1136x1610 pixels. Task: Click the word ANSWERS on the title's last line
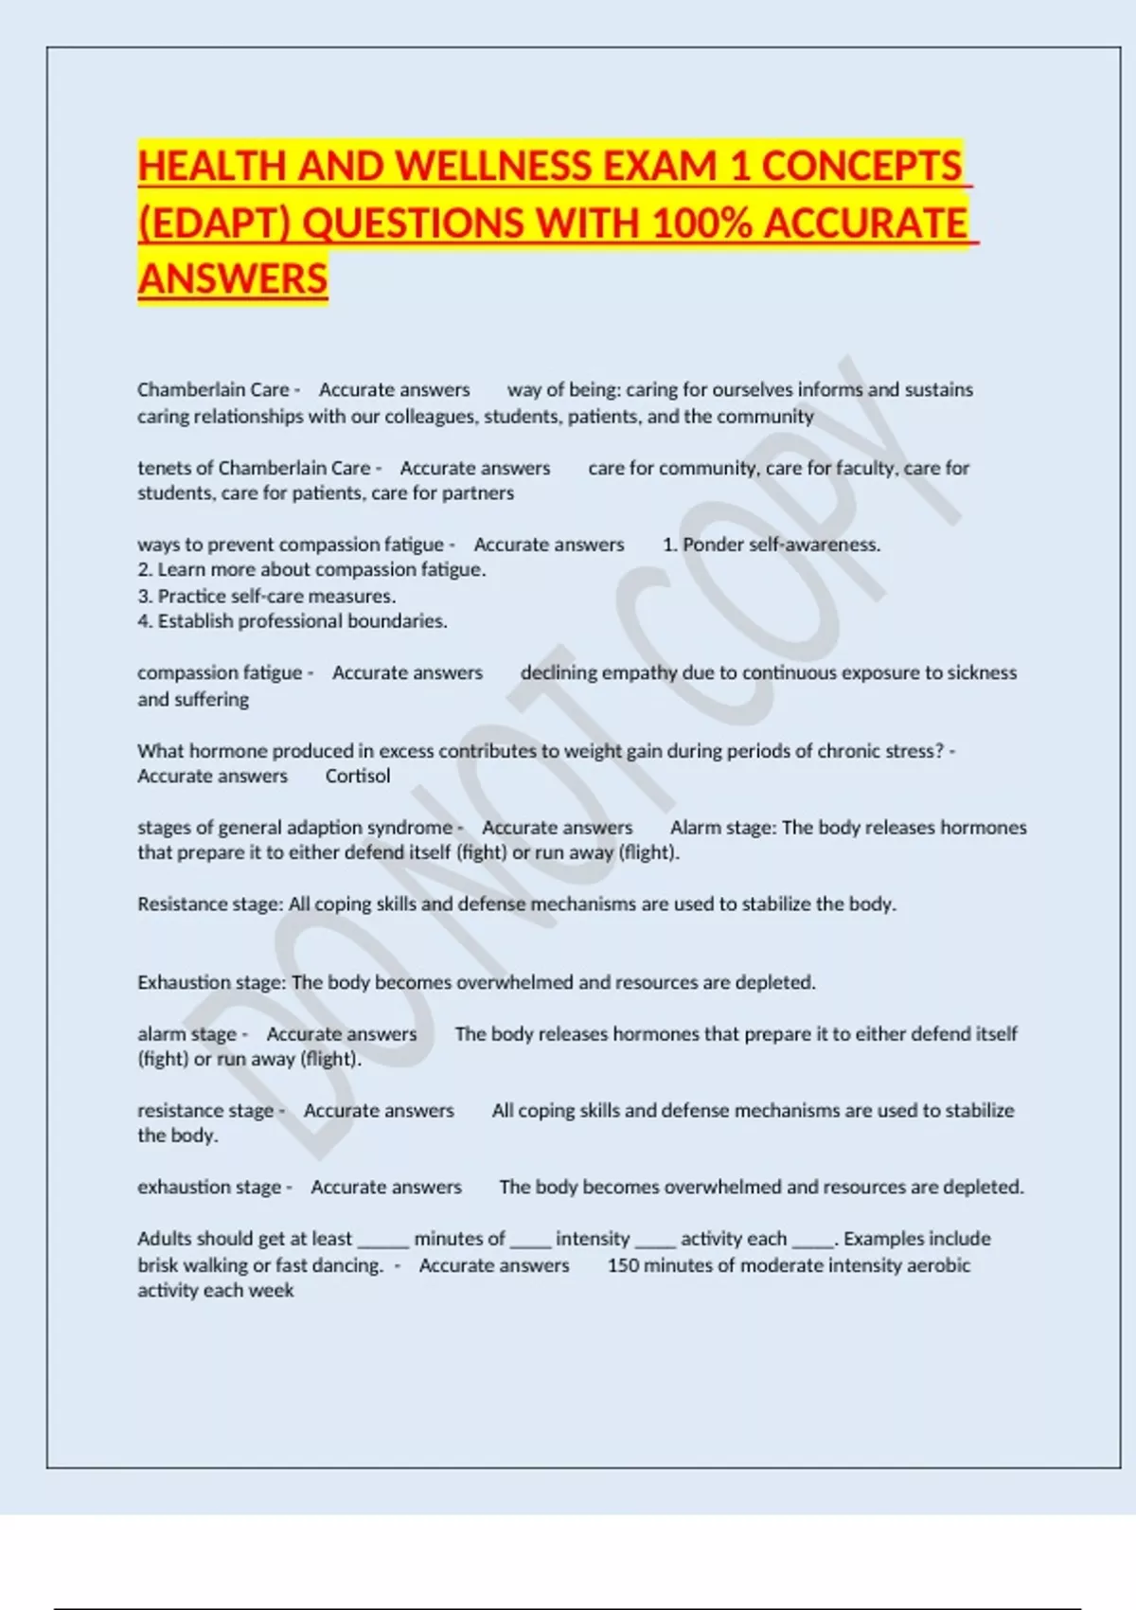pos(233,279)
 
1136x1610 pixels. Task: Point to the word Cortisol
pos(357,777)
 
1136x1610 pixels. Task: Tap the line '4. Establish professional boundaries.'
pos(293,621)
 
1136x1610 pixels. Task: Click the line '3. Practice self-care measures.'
pos(267,596)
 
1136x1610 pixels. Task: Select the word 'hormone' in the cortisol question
pos(222,751)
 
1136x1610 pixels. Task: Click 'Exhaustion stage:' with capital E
pos(211,983)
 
